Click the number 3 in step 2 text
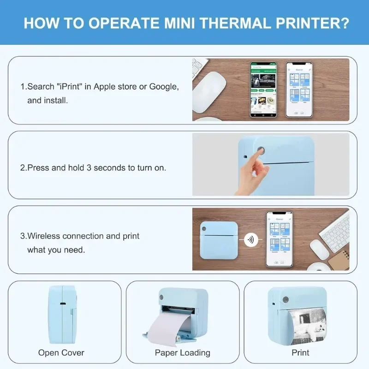pyautogui.click(x=96, y=167)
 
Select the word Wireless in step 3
pyautogui.click(x=44, y=236)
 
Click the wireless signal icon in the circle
pyautogui.click(x=250, y=240)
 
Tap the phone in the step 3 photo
pyautogui.click(x=279, y=239)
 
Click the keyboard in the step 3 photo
pyautogui.click(x=334, y=230)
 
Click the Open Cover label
pyautogui.click(x=61, y=353)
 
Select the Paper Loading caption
pyautogui.click(x=182, y=353)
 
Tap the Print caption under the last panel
pyautogui.click(x=300, y=353)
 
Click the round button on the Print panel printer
pyautogui.click(x=285, y=299)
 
